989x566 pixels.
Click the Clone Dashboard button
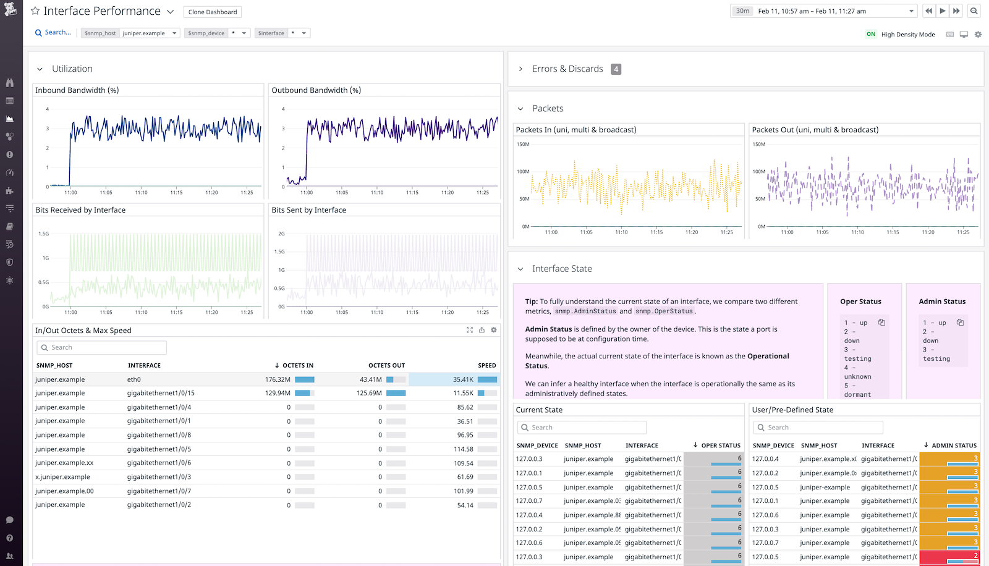pyautogui.click(x=212, y=12)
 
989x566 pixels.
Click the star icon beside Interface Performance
pyautogui.click(x=35, y=11)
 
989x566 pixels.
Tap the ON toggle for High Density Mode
pyautogui.click(x=870, y=35)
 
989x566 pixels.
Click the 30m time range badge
pyautogui.click(x=742, y=11)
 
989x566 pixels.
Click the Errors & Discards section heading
pyautogui.click(x=567, y=69)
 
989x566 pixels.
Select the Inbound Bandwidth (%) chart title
pyautogui.click(x=77, y=90)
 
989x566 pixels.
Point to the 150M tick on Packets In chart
pyautogui.click(x=523, y=144)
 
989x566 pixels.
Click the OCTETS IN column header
pyautogui.click(x=297, y=365)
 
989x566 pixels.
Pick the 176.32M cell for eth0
pyautogui.click(x=278, y=379)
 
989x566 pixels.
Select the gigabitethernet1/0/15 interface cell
pyautogui.click(x=161, y=393)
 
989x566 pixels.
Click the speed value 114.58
pyautogui.click(x=463, y=449)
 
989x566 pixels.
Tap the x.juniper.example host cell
pyautogui.click(x=62, y=477)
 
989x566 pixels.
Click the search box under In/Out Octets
pyautogui.click(x=102, y=348)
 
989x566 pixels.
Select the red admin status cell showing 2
pyautogui.click(x=949, y=557)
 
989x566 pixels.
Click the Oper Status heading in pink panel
pyautogui.click(x=860, y=302)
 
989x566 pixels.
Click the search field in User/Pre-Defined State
pyautogui.click(x=818, y=428)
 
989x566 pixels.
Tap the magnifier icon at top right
pyautogui.click(x=974, y=11)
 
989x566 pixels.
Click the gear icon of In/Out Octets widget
pyautogui.click(x=493, y=330)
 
